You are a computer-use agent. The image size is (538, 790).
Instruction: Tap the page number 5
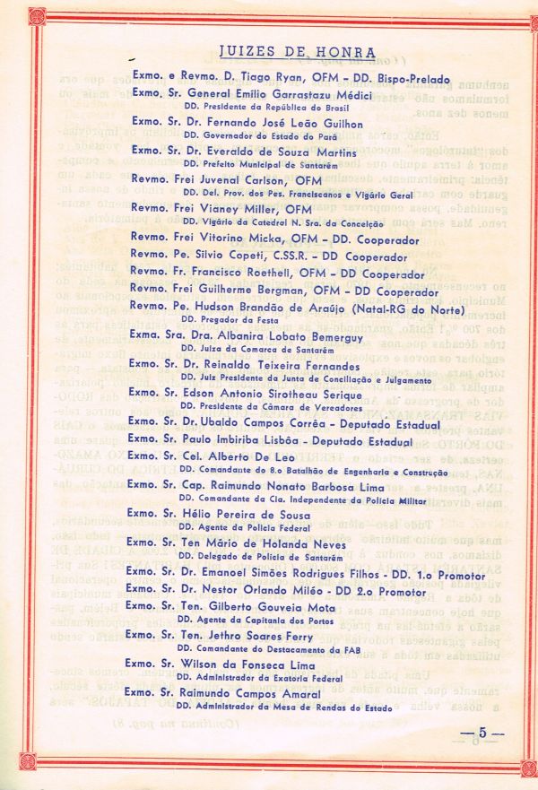click(482, 733)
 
